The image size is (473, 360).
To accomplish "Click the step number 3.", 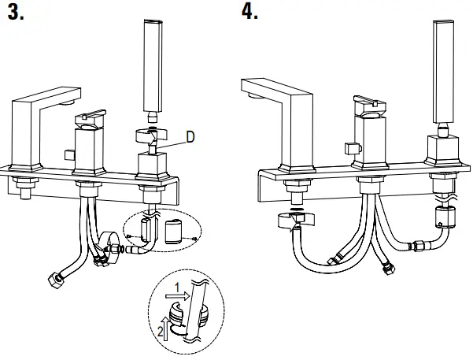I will click(x=17, y=13).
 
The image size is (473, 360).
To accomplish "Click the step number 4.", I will click(x=250, y=13).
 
